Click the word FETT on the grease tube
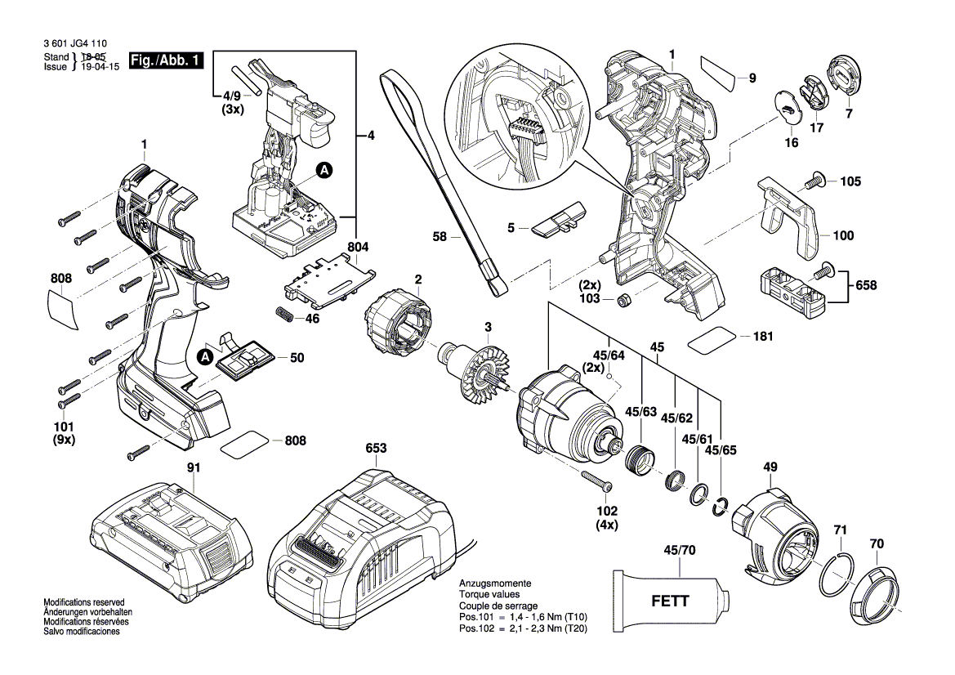(x=670, y=601)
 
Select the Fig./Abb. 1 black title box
(x=166, y=61)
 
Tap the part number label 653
(x=376, y=449)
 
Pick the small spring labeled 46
(x=283, y=314)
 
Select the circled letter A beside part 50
(x=205, y=357)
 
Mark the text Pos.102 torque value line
(x=523, y=628)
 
